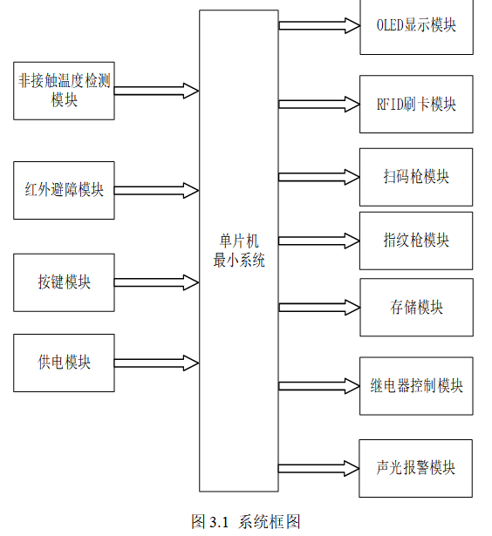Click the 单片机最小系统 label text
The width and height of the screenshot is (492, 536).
coord(239,250)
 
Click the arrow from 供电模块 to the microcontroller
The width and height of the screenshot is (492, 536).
coord(157,363)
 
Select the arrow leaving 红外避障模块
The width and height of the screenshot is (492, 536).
coord(157,190)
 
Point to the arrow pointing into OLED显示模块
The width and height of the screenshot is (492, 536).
coord(319,25)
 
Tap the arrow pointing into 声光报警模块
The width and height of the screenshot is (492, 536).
coord(318,468)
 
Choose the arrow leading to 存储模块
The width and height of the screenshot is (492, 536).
coord(319,308)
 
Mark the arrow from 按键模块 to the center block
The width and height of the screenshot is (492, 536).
coord(157,282)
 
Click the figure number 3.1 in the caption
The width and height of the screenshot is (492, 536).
coord(219,522)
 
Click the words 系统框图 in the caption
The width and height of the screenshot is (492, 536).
coord(270,522)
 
